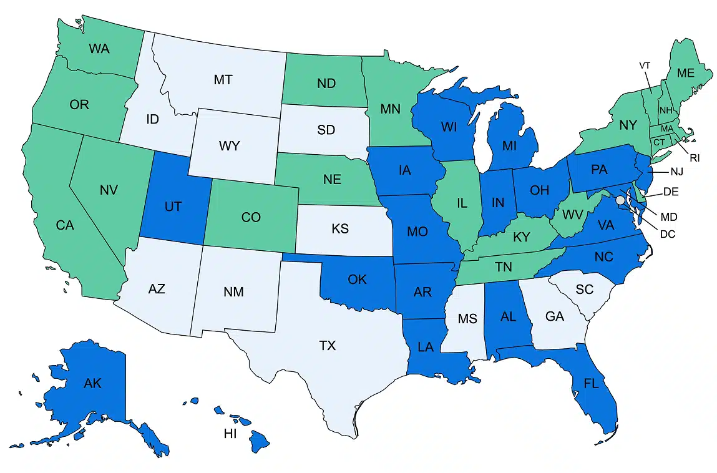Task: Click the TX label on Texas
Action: [328, 345]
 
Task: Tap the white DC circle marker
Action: [620, 201]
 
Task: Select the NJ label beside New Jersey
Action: [676, 171]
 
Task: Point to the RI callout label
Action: [695, 158]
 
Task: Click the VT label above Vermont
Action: [645, 65]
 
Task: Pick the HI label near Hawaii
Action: [230, 434]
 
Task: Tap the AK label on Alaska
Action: [92, 383]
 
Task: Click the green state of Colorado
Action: [251, 218]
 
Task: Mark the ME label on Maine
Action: [686, 73]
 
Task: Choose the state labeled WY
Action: [229, 147]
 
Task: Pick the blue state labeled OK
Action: [357, 279]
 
